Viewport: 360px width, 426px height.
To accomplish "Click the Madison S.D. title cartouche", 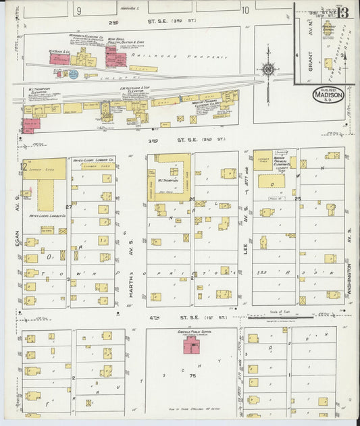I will pos(328,95).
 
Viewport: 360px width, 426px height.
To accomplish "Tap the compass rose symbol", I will pos(268,69).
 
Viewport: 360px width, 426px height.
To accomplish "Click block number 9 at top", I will pos(79,10).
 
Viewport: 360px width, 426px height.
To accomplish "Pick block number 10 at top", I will pos(245,10).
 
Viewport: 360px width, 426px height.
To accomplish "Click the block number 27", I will pos(69,207).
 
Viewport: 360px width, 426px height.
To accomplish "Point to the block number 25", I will pos(297,198).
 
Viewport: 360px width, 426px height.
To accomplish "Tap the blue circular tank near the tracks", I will pos(73,74).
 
